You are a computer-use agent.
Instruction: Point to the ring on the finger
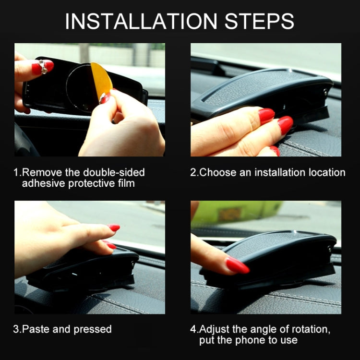[x=43, y=67]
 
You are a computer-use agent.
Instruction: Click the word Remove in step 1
[x=39, y=172]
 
